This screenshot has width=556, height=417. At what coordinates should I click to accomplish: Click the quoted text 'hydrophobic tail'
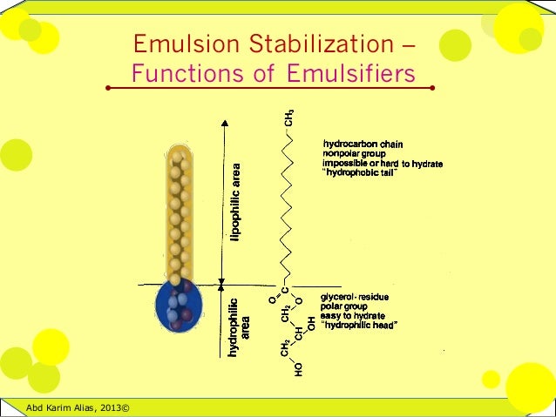click(359, 172)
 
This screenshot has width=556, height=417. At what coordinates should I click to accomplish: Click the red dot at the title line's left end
click(108, 88)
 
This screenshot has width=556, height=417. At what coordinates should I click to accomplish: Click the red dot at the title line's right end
click(433, 88)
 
